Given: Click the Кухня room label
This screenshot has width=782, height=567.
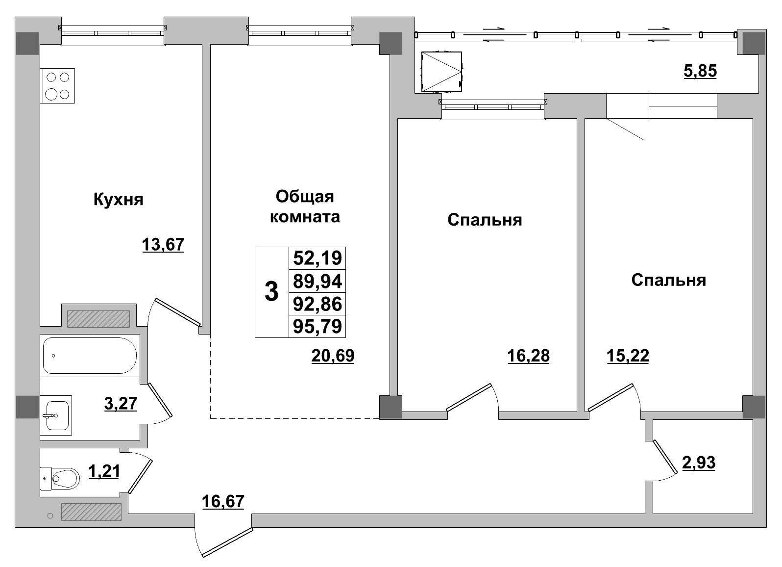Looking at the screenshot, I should click(118, 200).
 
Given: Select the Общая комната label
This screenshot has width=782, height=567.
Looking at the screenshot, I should click(305, 206).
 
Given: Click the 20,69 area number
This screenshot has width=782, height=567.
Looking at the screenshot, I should click(333, 356).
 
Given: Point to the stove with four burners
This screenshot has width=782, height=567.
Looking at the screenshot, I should click(58, 85).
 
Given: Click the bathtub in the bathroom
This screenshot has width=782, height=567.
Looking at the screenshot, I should click(89, 356).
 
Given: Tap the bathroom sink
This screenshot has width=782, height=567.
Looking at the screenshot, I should click(56, 415).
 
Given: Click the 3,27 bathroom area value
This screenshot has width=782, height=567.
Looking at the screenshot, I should click(121, 404).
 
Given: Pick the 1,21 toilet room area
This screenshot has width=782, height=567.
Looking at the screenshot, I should click(104, 471).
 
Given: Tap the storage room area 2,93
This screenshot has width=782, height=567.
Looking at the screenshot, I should click(699, 462).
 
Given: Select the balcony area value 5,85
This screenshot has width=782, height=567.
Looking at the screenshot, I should click(700, 72).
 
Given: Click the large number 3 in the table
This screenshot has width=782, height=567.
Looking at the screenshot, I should click(271, 292).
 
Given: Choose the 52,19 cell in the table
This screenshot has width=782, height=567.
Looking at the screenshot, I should click(317, 258).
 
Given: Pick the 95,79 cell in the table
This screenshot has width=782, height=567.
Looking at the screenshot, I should click(317, 326).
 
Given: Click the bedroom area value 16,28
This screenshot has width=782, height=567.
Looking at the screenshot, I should click(529, 356).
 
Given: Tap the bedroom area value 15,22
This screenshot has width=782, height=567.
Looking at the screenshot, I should click(628, 356).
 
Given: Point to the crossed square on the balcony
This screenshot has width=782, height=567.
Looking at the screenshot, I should click(441, 72).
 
